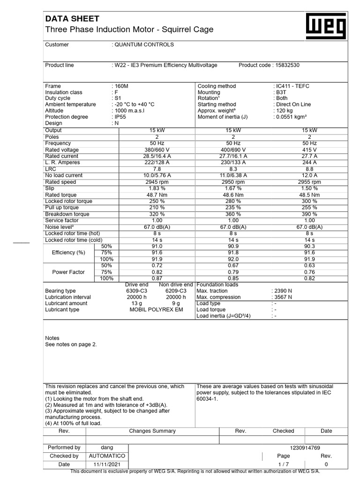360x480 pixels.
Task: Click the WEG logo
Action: pos(326,26)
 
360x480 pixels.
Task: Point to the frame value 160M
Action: pos(120,86)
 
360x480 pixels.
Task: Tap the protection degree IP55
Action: pos(120,117)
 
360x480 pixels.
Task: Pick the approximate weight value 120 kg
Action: pos(285,111)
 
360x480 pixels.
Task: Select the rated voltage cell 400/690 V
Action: pos(233,150)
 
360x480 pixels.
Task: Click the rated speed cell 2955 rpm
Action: pos(309,182)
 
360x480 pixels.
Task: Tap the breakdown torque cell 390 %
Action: pos(309,214)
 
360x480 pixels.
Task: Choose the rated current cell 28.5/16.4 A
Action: pos(157,156)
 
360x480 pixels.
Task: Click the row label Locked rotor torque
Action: pos(68,201)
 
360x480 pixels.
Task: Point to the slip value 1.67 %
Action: pos(233,188)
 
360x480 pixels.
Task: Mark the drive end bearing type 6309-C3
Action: pos(137,291)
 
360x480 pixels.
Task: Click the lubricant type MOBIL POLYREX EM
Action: pos(156,310)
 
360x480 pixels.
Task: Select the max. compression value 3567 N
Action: pos(283,297)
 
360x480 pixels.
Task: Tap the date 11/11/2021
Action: pos(107,464)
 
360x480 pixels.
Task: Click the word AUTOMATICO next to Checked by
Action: pos(107,456)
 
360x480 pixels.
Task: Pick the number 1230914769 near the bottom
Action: pos(305,448)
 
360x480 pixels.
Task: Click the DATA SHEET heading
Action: pos(72,19)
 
